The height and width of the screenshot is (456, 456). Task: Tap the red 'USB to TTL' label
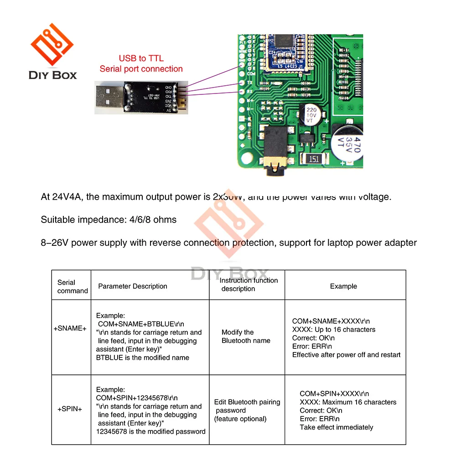click(x=141, y=58)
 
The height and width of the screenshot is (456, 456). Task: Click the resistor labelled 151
click(x=313, y=159)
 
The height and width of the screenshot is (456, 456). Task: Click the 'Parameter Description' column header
click(x=133, y=286)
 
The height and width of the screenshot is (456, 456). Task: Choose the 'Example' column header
click(x=343, y=286)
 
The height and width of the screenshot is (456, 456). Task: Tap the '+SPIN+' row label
click(x=70, y=409)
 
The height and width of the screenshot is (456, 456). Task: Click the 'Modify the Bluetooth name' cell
click(x=246, y=337)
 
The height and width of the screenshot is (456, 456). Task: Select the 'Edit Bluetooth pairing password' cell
click(x=247, y=410)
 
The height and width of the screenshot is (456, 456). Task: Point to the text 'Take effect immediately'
click(x=336, y=427)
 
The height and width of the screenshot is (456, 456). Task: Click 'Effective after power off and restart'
click(x=346, y=355)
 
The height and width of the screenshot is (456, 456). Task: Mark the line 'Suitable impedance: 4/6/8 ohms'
click(x=109, y=220)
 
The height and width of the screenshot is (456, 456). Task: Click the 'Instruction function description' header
click(x=249, y=285)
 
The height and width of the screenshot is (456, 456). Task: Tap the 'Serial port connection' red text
click(x=141, y=69)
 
